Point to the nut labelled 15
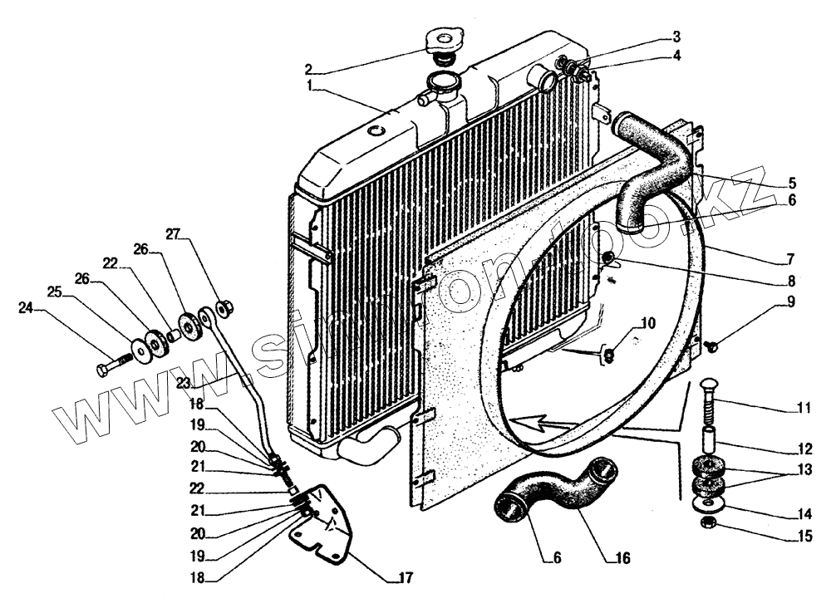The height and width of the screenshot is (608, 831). point(711,523)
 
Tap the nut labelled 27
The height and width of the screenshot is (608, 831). point(223,310)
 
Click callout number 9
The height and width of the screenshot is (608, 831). point(791,302)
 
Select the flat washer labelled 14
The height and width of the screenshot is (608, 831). point(711,503)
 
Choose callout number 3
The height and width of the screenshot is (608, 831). point(676,37)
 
